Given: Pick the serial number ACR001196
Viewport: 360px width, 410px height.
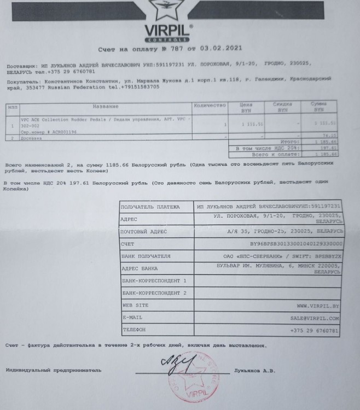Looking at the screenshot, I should (x=58, y=133).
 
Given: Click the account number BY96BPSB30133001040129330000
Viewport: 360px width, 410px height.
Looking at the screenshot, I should (x=295, y=244).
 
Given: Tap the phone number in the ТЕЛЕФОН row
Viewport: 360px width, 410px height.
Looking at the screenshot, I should (x=315, y=330).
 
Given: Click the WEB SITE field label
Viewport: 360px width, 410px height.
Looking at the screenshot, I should (x=135, y=305).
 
